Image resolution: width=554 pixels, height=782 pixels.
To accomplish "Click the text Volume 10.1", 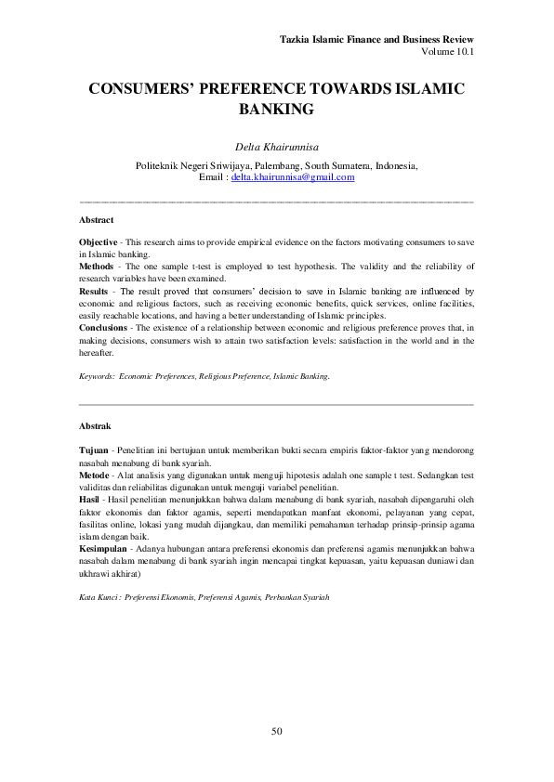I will (x=448, y=52).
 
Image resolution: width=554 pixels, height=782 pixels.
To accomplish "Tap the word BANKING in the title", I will (x=277, y=110).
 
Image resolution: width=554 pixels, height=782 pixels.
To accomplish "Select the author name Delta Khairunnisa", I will (x=277, y=146).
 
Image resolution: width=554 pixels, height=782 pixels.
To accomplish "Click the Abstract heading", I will (x=97, y=220).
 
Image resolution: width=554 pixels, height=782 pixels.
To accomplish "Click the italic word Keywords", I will (x=98, y=376).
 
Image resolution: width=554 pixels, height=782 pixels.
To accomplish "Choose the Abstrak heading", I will (x=96, y=426).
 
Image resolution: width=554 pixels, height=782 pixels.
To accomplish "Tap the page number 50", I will (x=277, y=732).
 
